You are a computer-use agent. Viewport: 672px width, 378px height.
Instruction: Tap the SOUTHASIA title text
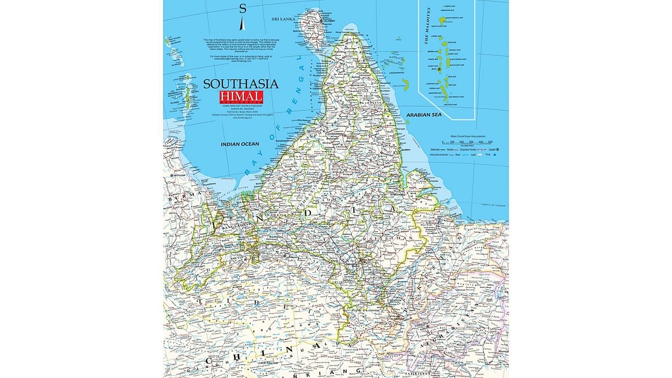(240, 84)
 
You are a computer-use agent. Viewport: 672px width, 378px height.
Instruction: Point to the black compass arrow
(242, 25)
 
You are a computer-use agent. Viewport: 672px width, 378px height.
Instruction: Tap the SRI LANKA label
(283, 18)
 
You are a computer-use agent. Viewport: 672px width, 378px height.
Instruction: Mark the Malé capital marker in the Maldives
(440, 69)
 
